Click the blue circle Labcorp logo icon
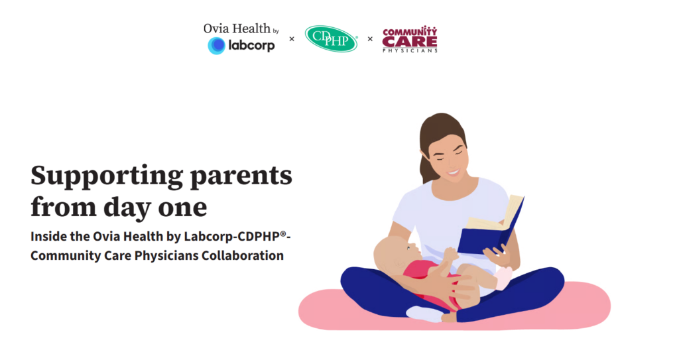[x=217, y=46]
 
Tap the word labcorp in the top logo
[x=251, y=46]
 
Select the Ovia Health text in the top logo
[x=237, y=29]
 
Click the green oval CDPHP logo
[x=332, y=38]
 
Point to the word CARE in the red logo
[x=410, y=42]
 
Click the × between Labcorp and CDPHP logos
[x=292, y=39]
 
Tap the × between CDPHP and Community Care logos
[x=370, y=39]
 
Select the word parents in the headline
[x=241, y=176]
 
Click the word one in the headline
[x=182, y=208]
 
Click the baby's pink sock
[x=503, y=278]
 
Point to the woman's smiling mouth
[x=453, y=173]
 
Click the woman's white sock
[x=424, y=314]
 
